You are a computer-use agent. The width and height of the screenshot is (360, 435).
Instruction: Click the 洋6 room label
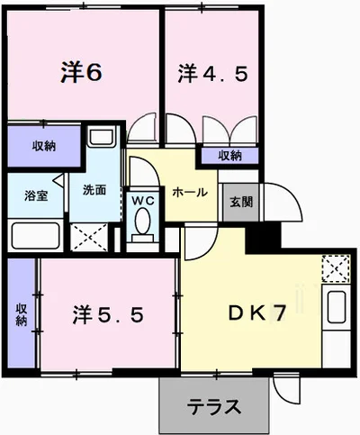82,72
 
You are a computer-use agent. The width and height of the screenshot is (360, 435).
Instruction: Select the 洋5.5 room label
108,315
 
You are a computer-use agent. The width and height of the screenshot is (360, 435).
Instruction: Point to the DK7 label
256,313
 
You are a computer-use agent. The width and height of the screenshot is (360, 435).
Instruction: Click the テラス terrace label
214,406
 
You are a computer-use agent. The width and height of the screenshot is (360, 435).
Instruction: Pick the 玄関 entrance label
241,202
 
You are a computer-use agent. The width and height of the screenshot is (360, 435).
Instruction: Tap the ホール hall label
190,192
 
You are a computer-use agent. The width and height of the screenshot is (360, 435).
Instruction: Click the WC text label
143,201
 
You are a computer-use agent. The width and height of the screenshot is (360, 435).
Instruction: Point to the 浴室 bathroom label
36,196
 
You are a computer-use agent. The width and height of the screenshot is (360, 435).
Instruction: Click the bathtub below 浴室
35,236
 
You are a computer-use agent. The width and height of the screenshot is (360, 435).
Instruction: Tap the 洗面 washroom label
94,190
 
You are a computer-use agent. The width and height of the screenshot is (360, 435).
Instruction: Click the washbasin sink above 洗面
103,136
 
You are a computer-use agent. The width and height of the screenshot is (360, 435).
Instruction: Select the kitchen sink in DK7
337,307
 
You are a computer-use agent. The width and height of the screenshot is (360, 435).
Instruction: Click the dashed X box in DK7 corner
336,268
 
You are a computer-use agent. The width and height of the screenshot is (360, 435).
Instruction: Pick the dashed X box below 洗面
89,237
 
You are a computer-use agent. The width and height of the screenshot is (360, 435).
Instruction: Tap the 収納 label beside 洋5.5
22,314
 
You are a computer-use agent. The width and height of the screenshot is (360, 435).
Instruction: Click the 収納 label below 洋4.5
230,156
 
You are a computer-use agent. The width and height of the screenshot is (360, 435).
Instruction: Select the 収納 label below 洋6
44,146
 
